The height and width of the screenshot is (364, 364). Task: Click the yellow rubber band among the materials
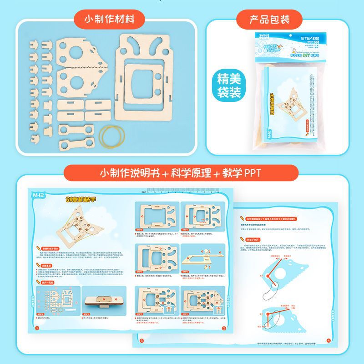(x=114, y=135)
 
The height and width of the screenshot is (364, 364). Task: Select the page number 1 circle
(x=38, y=328)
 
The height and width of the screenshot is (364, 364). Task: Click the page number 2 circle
(x=223, y=328)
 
